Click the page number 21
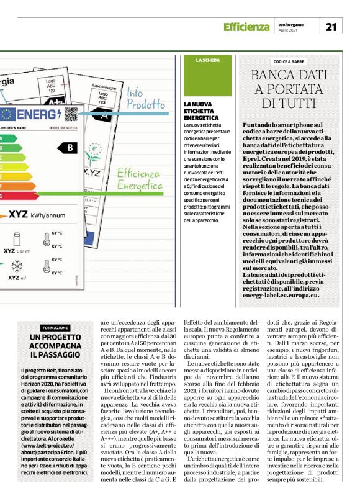pyautogui.click(x=330, y=26)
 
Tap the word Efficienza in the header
pyautogui.click(x=246, y=27)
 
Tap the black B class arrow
pyautogui.click(x=68, y=148)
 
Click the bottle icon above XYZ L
pyautogui.click(x=16, y=238)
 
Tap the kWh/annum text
pyautogui.click(x=47, y=215)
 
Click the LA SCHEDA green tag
pyautogui.click(x=207, y=60)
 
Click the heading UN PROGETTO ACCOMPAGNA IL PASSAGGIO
pyautogui.click(x=56, y=346)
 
